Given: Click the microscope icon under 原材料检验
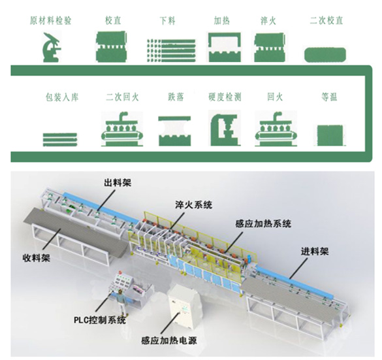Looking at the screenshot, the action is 51,47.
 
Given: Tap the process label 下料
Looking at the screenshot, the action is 167,20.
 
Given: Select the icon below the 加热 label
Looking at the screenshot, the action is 225,47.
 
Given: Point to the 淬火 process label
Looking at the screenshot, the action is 268,20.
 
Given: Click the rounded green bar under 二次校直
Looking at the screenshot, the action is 325,55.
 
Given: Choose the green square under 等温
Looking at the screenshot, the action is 330,135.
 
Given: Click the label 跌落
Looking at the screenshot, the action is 176,97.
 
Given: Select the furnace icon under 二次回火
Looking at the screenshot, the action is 122,129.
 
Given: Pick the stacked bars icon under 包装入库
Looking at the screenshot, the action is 60,139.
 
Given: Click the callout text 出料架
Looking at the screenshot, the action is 118,182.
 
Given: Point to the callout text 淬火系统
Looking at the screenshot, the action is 193,205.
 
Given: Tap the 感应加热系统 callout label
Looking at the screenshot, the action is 263,223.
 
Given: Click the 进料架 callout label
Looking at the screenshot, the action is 315,252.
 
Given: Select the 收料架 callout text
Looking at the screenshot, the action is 37,258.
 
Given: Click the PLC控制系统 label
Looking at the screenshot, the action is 100,320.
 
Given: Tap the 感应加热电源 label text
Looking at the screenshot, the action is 169,340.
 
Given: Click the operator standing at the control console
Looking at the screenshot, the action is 121,303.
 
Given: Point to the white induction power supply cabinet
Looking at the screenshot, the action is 184,306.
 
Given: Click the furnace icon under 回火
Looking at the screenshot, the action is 276,129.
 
